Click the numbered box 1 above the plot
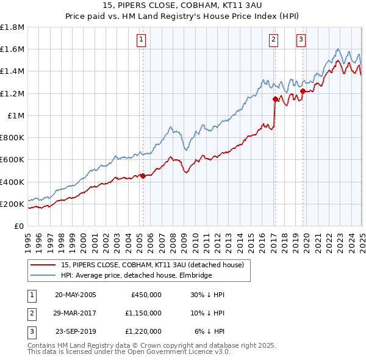[x=142, y=40]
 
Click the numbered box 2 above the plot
[x=273, y=40]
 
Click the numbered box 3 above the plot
[x=301, y=40]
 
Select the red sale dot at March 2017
[x=275, y=99]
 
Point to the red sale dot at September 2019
[x=303, y=92]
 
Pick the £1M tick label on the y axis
[x=16, y=115]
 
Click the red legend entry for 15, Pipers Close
[x=152, y=265]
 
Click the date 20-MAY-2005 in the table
[x=76, y=295]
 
